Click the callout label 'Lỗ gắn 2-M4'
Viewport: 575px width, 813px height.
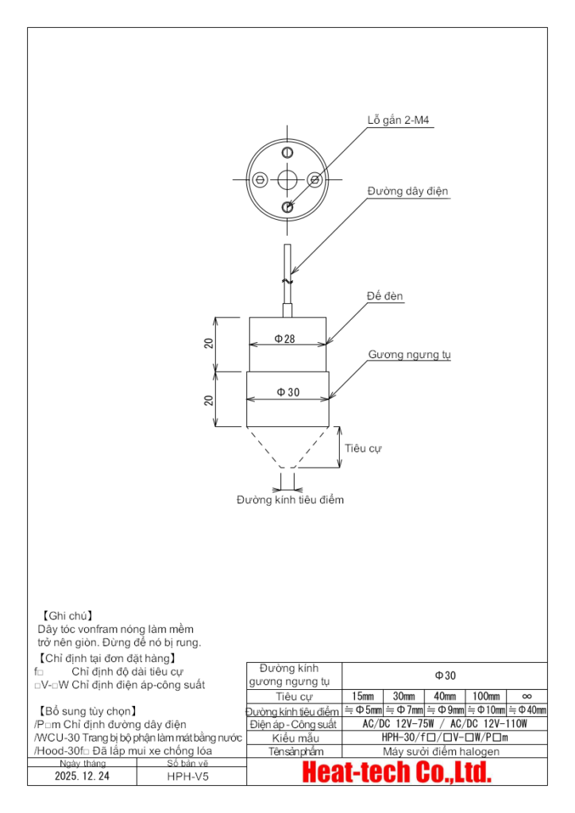pos(399,121)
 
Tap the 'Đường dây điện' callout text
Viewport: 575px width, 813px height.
pos(408,191)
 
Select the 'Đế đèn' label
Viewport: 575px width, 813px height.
pos(385,296)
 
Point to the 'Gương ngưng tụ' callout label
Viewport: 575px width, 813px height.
pos(409,355)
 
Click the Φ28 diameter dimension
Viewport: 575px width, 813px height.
pos(285,338)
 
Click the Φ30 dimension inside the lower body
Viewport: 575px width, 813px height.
pos(287,392)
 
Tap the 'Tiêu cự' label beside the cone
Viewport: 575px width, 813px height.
pos(363,448)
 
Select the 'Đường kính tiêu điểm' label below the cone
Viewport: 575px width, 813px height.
pos(290,500)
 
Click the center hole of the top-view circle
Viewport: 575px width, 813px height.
pos(287,179)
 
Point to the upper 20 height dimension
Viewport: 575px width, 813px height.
pos(209,344)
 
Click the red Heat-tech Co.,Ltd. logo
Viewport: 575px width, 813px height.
pos(397,771)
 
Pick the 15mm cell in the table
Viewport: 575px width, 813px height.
pos(362,696)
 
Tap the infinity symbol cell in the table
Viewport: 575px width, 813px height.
pos(527,696)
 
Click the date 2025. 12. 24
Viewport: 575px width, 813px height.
pos(83,777)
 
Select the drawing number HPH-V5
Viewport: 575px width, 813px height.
pos(188,777)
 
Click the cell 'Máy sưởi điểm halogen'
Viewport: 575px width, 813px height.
pos(442,751)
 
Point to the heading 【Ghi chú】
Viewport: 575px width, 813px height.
pos(67,615)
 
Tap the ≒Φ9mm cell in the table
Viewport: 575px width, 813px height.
pos(444,710)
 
